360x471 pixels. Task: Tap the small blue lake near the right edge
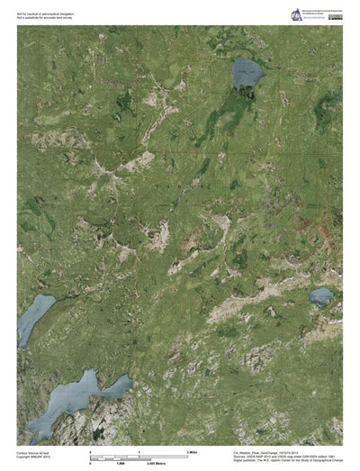320,295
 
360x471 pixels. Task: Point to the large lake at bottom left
76,395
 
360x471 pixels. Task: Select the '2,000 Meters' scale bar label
193,459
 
